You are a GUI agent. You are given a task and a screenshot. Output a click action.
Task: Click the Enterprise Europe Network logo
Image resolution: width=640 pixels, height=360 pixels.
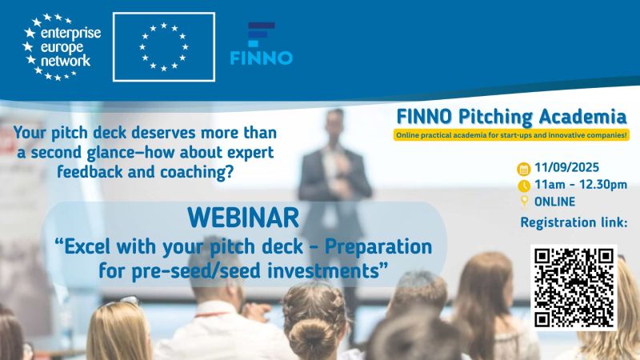tap(62, 47)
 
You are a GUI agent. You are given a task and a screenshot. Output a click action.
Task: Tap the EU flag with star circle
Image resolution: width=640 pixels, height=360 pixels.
tap(164, 47)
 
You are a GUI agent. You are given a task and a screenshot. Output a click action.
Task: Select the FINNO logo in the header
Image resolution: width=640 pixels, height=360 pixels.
tap(262, 44)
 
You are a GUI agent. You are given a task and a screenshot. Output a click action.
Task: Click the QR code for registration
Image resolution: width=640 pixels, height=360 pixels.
tap(574, 287)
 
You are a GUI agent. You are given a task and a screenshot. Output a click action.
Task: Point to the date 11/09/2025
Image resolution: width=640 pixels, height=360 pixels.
tap(566, 167)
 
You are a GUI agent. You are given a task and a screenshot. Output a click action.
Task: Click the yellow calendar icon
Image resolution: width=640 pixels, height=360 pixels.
tap(524, 169)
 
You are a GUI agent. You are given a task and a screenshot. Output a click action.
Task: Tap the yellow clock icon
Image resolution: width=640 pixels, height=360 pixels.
tap(524, 186)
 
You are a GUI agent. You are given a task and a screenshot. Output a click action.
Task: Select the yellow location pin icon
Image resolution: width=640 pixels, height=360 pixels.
tap(524, 202)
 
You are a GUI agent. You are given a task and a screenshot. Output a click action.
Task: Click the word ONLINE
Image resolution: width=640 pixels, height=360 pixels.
tap(554, 202)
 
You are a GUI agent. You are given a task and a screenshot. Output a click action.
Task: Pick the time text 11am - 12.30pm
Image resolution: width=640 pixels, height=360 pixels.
tap(581, 185)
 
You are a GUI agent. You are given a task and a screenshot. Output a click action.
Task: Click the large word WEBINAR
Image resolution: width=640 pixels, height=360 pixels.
tap(243, 218)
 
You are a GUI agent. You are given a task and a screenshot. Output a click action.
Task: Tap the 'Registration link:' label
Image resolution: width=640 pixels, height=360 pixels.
tap(574, 222)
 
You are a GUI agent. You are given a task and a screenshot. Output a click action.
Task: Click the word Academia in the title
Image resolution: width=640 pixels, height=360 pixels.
tap(582, 117)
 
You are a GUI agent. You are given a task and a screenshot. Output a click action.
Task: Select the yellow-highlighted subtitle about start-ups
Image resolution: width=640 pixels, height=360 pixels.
tap(511, 135)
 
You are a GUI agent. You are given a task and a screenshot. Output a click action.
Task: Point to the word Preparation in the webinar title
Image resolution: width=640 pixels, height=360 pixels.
tap(378, 247)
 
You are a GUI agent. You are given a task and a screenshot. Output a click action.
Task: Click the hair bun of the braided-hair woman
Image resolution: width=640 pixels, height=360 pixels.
tap(312, 338)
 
